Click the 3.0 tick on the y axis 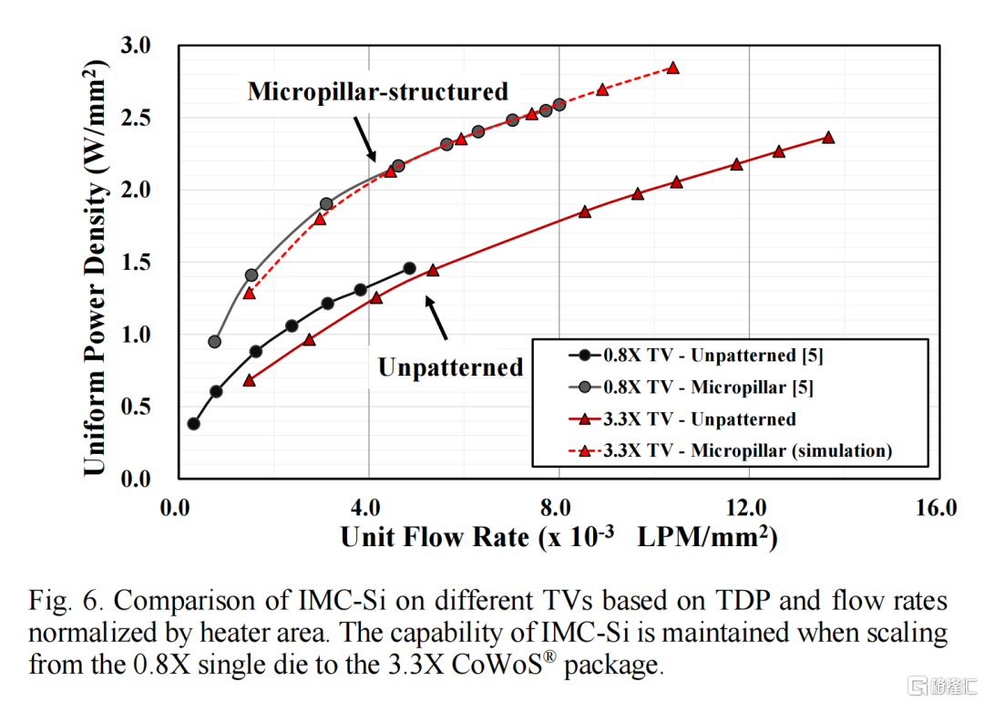[137, 46]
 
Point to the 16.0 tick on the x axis [937, 506]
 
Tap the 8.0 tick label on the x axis [557, 506]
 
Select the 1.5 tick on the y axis [137, 263]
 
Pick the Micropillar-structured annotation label [377, 91]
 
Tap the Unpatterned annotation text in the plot [450, 367]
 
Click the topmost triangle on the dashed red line [672, 67]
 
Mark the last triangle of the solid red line [828, 137]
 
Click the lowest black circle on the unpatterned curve [193, 423]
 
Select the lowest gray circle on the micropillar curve [214, 342]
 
